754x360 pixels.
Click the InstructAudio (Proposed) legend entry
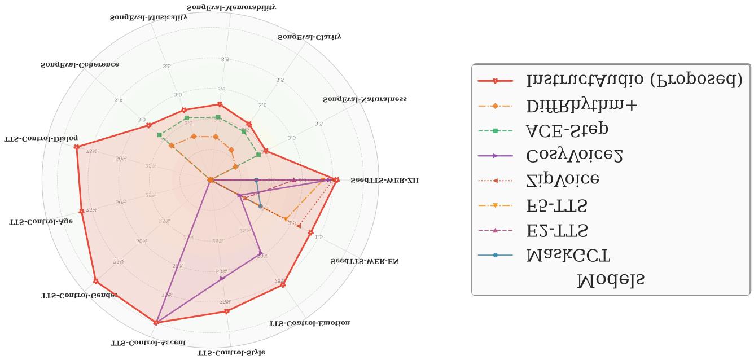click(632, 81)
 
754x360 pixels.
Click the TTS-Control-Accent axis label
click(148, 343)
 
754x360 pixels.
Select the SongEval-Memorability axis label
click(239, 7)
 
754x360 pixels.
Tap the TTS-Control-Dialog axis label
click(41, 138)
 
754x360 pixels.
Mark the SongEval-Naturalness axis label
click(365, 99)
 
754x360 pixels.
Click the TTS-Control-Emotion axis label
click(309, 323)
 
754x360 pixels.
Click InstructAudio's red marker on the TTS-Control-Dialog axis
click(76, 147)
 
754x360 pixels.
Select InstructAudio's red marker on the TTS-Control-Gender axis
click(95, 281)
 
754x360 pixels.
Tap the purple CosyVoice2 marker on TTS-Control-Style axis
click(222, 278)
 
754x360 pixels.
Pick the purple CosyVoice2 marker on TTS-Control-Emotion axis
click(260, 252)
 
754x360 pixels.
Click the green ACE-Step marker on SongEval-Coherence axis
click(160, 135)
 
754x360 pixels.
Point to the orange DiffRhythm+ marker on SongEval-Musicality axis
click(194, 136)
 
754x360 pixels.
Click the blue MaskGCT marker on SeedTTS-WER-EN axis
click(260, 207)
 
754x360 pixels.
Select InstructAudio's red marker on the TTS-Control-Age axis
click(81, 211)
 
